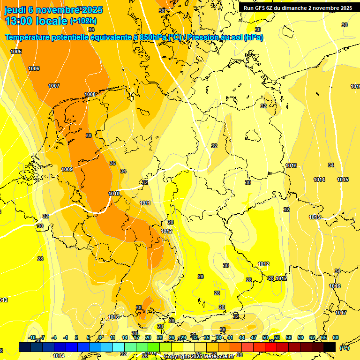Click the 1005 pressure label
(16, 52)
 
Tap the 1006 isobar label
(34, 69)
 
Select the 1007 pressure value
(54, 86)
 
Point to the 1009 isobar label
(67, 169)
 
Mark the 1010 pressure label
(114, 194)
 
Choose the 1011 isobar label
(145, 203)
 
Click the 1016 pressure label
(335, 286)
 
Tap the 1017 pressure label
(341, 313)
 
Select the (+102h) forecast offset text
(83, 21)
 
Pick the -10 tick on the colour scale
(32, 337)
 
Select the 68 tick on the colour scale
(336, 337)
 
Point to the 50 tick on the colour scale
(265, 337)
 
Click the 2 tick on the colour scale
(76, 337)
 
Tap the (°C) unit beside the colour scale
(344, 348)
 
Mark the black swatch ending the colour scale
(330, 347)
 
